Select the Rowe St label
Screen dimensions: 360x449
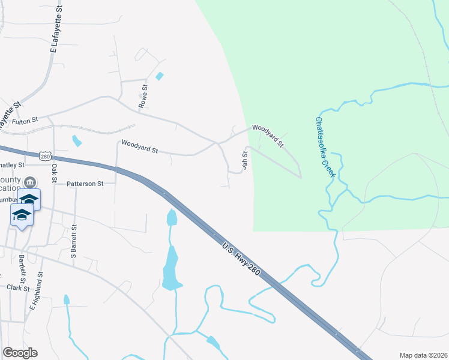coord(143,96)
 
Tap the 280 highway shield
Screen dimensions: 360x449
coord(45,156)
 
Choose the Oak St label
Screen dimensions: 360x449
coord(54,173)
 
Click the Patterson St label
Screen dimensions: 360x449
coord(85,184)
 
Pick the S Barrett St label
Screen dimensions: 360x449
coord(74,241)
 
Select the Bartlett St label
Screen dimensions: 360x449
coord(22,268)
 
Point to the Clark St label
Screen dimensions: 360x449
coord(18,288)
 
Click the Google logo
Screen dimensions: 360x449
coord(20,353)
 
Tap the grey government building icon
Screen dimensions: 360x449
coord(31,182)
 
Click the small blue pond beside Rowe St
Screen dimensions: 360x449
coord(159,76)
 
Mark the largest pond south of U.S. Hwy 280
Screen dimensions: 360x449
coord(171,270)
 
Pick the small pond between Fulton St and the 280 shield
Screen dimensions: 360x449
coord(76,141)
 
